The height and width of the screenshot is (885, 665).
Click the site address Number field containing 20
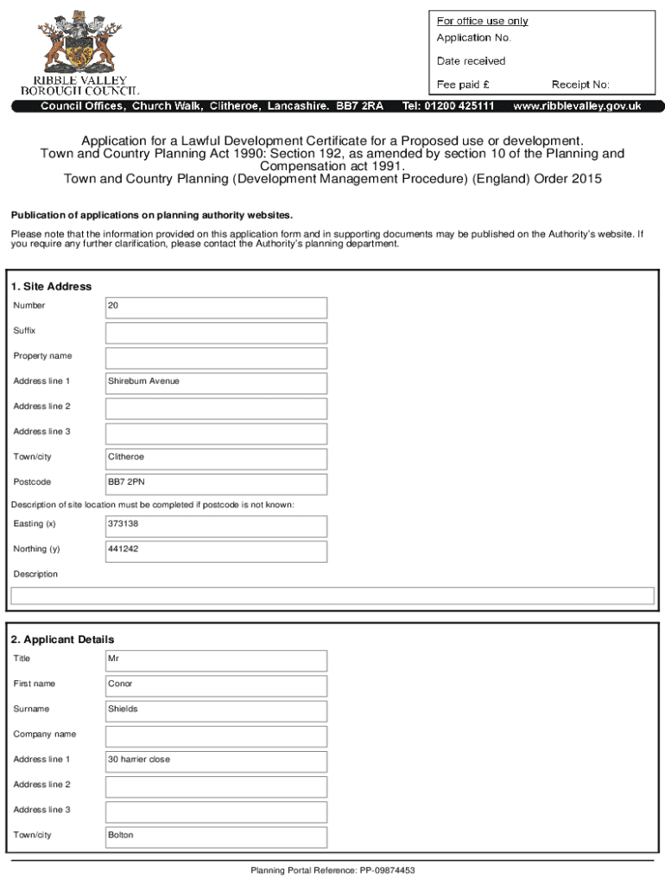(216, 307)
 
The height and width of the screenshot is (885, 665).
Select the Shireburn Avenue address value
(143, 381)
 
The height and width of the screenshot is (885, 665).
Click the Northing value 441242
(123, 549)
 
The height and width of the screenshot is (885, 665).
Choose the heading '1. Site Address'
(51, 286)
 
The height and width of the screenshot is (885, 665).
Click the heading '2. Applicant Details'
(62, 640)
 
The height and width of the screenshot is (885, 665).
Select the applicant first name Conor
(121, 684)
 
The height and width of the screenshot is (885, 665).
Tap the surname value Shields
(123, 709)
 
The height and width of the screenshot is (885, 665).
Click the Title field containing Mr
(216, 659)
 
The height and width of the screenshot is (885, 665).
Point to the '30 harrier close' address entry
(139, 760)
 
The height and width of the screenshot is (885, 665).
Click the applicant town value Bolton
(121, 836)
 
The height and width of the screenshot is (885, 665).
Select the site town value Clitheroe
(126, 457)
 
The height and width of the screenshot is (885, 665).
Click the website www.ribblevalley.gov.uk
(577, 106)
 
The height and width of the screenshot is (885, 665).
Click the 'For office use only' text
(482, 21)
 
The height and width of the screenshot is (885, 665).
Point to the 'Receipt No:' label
(580, 85)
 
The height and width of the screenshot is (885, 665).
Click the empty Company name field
(216, 735)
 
